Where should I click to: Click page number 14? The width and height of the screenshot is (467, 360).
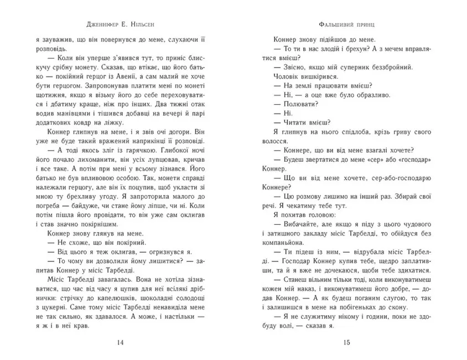point(121,342)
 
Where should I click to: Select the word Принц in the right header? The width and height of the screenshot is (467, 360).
point(366,24)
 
